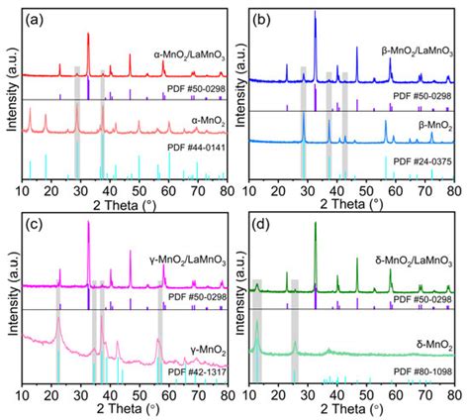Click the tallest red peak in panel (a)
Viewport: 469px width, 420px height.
tap(89, 35)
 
